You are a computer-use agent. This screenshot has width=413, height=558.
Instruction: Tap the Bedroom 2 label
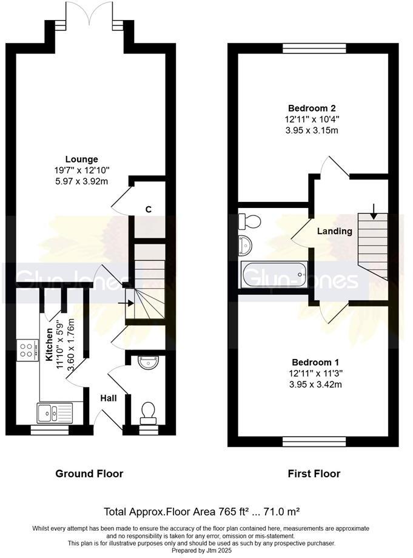point(312,109)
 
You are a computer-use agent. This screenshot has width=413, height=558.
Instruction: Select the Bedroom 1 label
point(312,358)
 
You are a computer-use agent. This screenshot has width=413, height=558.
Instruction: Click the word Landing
point(334,231)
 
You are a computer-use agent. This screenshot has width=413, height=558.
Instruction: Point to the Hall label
point(109,398)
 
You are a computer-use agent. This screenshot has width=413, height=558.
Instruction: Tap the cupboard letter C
point(148,209)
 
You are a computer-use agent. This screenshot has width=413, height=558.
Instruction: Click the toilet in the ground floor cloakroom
point(147,414)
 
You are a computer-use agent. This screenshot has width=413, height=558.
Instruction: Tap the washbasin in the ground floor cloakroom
point(149,364)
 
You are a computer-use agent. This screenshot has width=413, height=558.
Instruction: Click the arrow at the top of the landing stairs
point(374,211)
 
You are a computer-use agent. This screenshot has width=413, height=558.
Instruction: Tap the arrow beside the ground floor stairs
point(129,298)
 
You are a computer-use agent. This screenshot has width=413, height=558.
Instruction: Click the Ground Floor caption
point(89,474)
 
